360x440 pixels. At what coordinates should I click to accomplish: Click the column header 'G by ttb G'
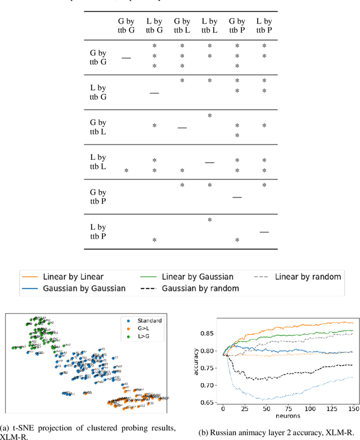[x=127, y=26]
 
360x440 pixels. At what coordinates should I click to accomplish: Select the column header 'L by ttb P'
[x=264, y=26]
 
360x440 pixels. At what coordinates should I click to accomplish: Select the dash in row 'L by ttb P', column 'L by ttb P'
[x=264, y=231]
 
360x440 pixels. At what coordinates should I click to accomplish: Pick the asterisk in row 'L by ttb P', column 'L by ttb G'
[x=154, y=241]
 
